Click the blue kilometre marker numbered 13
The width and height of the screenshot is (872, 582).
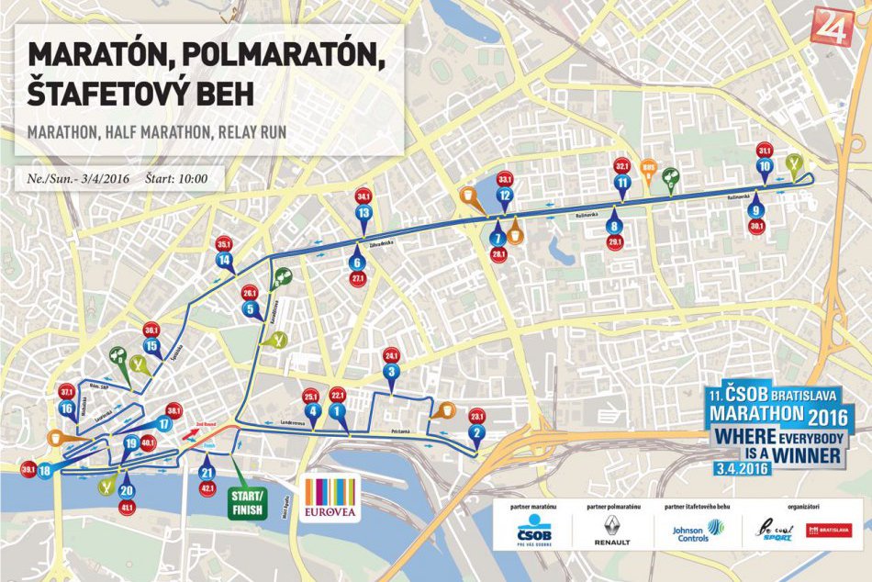click(363, 213)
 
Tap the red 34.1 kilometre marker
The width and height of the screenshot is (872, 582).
click(363, 196)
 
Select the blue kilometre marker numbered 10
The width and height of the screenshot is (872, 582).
click(765, 167)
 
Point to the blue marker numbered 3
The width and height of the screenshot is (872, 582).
click(391, 372)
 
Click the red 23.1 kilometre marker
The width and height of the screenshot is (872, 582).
click(476, 415)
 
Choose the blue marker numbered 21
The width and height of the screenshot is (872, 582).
click(206, 472)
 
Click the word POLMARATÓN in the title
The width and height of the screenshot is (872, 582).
click(293, 57)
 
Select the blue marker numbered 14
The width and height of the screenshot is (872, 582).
click(224, 260)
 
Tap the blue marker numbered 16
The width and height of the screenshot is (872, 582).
click(66, 408)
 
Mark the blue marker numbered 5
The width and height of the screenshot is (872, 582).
click(250, 309)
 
